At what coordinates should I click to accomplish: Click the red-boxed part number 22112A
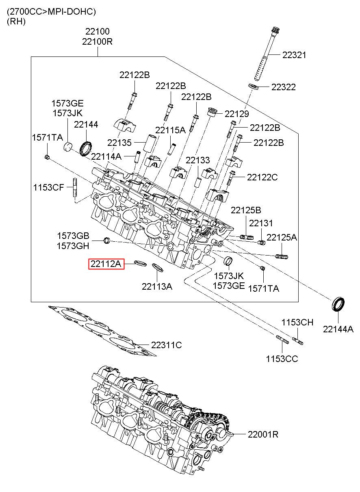click(x=106, y=264)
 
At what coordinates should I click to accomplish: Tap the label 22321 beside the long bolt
click(x=294, y=55)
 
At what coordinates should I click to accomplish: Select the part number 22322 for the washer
click(x=284, y=87)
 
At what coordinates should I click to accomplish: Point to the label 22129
click(x=237, y=114)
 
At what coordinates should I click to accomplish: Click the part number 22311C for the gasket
click(x=167, y=345)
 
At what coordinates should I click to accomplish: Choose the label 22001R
click(x=263, y=434)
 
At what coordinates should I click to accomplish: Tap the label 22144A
click(x=338, y=329)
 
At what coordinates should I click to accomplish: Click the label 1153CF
click(x=48, y=188)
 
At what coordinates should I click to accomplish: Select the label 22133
click(x=198, y=160)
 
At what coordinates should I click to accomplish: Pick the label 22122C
click(x=262, y=177)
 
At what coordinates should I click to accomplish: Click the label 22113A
click(x=157, y=286)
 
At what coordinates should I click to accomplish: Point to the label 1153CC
click(x=282, y=359)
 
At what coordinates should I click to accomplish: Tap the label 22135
click(x=119, y=143)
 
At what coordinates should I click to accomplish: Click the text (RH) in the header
click(x=16, y=21)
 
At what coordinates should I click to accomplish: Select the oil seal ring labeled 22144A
click(x=338, y=304)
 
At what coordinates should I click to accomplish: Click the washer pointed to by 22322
click(x=253, y=87)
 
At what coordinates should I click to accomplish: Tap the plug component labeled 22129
click(x=212, y=112)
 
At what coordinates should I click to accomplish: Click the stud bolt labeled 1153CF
click(x=74, y=189)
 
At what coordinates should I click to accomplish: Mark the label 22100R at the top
click(x=97, y=41)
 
